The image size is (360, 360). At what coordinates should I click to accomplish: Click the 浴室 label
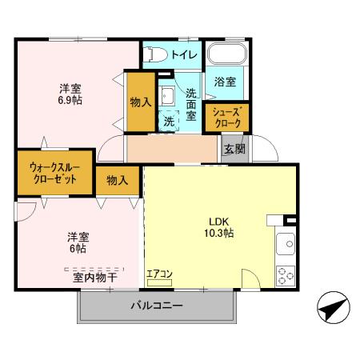click(x=225, y=82)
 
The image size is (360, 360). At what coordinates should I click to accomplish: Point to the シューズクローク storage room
click(x=226, y=118)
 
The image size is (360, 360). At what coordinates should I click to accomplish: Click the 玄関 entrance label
click(x=234, y=148)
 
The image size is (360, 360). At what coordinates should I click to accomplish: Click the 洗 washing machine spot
click(x=168, y=122)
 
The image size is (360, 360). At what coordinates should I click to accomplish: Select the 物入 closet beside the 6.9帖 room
click(x=139, y=101)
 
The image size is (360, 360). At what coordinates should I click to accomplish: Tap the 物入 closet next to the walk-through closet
click(x=118, y=180)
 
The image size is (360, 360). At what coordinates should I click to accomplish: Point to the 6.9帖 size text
click(x=69, y=101)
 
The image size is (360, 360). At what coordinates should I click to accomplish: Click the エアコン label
click(x=159, y=274)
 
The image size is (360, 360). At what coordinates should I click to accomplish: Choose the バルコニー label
click(x=156, y=306)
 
